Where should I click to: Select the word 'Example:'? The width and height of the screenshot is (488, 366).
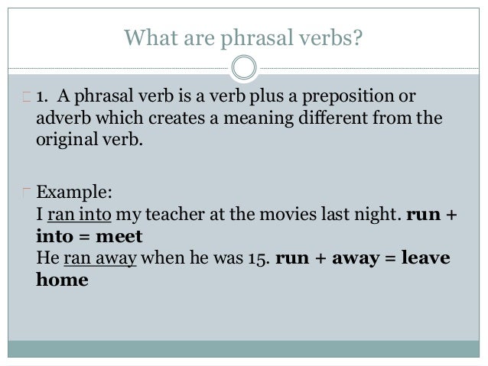pyautogui.click(x=69, y=191)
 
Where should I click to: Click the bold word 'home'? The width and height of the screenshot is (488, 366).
pyautogui.click(x=62, y=280)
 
